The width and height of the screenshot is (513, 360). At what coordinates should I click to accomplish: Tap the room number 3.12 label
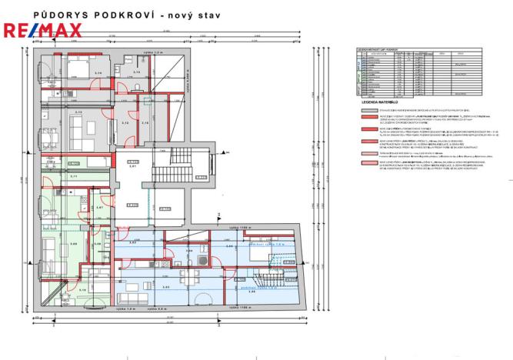coord(125,122)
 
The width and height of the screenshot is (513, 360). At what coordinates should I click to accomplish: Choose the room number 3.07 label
coord(100,208)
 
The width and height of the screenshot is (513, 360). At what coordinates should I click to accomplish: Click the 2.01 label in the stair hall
coord(132,166)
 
